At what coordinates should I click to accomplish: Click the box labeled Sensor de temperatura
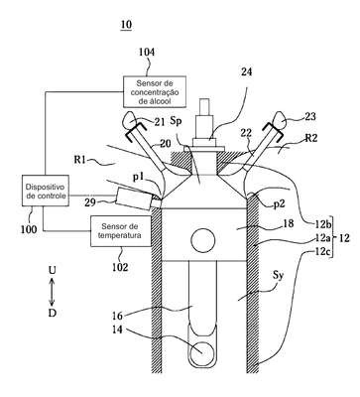pyautogui.click(x=121, y=231)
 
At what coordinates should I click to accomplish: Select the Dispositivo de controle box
pyautogui.click(x=46, y=191)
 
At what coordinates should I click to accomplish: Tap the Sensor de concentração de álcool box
pyautogui.click(x=155, y=91)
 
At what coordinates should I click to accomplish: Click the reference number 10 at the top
pyautogui.click(x=126, y=24)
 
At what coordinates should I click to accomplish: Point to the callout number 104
pyautogui.click(x=147, y=53)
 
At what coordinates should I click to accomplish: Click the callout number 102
pyautogui.click(x=120, y=267)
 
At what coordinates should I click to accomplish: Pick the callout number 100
pyautogui.click(x=29, y=229)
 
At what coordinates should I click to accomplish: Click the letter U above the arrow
pyautogui.click(x=52, y=271)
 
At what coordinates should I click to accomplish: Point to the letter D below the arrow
pyautogui.click(x=53, y=313)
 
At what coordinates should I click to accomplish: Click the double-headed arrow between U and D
pyautogui.click(x=52, y=292)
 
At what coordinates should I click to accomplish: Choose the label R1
pyautogui.click(x=81, y=162)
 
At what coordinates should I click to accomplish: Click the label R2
pyautogui.click(x=310, y=138)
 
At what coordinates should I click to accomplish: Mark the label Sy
pyautogui.click(x=279, y=275)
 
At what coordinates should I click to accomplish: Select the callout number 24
pyautogui.click(x=246, y=71)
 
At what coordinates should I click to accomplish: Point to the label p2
pyautogui.click(x=280, y=204)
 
